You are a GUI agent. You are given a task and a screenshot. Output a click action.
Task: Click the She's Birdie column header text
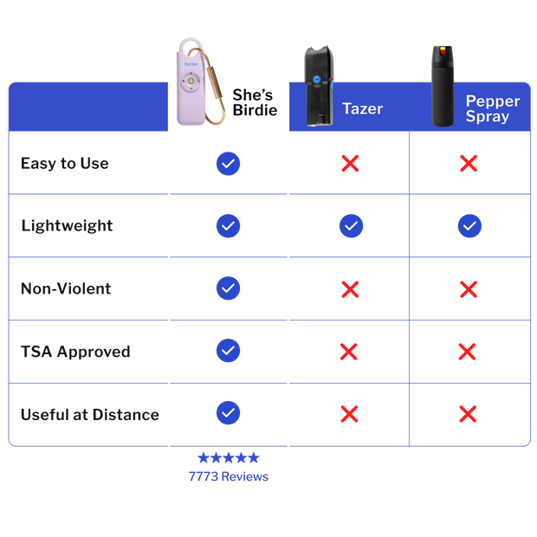pos(255,103)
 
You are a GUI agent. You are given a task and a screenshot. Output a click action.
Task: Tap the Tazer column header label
pos(362,109)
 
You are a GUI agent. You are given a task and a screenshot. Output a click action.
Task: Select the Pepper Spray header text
pos(492,108)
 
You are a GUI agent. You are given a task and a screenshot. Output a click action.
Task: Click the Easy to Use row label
pos(65,164)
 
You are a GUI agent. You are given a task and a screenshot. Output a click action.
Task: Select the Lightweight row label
pos(68,226)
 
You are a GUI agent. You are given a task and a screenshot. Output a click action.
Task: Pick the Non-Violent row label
pos(67,288)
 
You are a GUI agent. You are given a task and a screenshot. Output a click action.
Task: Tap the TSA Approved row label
pos(75,352)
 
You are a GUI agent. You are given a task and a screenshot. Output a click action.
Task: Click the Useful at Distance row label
pos(89,414)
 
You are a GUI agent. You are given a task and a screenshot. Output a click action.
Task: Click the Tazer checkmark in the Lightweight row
pos(351,226)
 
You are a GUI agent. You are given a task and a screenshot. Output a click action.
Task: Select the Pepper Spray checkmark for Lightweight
pos(469,226)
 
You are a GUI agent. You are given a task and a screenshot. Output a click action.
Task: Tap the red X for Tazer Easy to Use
pos(350,164)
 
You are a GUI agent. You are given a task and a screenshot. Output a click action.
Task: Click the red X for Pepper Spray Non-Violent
pos(469,288)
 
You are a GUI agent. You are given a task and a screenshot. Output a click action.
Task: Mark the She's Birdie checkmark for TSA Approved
pos(228,351)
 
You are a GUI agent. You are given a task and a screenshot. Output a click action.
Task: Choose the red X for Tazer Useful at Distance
pos(350,414)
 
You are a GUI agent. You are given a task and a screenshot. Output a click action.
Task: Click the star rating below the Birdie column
pos(228,459)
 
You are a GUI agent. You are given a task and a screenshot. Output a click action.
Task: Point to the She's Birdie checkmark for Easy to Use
pos(228,164)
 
